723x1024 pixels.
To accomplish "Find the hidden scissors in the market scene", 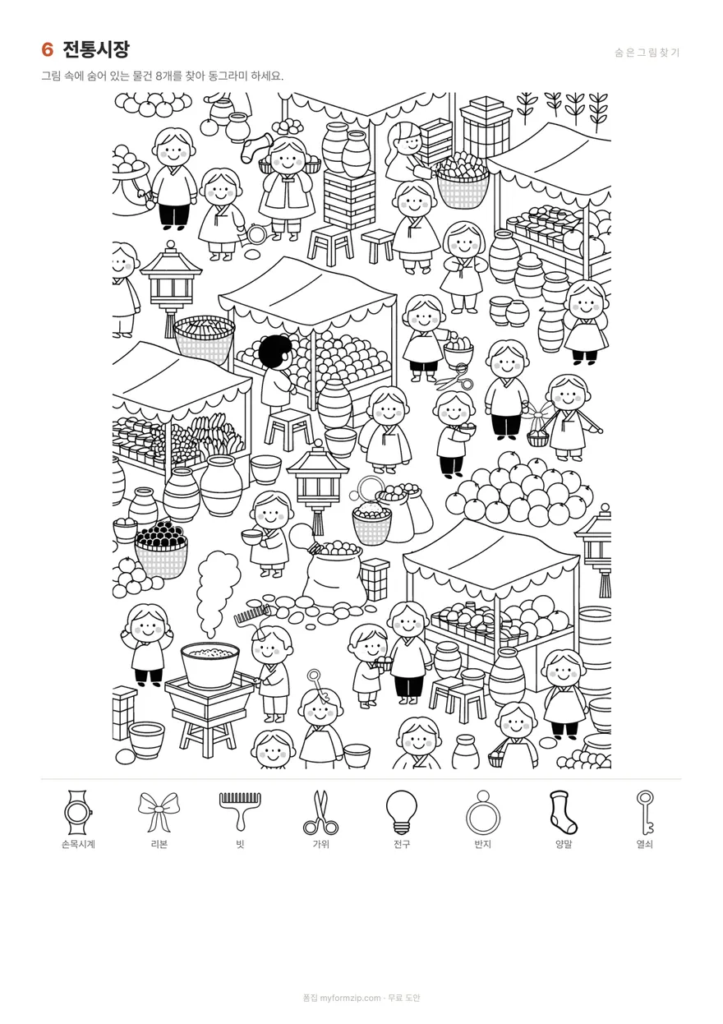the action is (454, 377).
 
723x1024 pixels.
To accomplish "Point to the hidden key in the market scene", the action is (319, 685).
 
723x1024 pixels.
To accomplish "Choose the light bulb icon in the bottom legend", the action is (401, 812).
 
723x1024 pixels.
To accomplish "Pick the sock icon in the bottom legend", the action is (563, 812).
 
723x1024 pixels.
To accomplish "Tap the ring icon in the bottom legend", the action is (482, 812).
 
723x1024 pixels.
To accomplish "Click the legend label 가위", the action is (320, 844).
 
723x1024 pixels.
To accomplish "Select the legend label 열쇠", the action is (644, 844).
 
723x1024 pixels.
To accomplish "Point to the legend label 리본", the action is (159, 844).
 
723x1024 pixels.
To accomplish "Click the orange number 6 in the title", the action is (47, 50).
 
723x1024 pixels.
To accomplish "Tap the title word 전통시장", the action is (96, 49).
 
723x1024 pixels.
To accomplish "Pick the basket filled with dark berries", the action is (161, 549).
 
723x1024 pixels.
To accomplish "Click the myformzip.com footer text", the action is (350, 998).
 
